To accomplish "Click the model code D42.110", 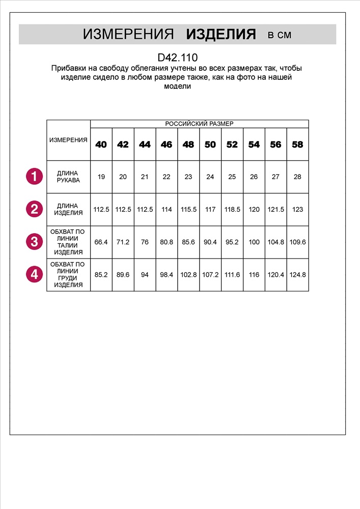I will (178, 58).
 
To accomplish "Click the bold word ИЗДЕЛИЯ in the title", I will (220, 35).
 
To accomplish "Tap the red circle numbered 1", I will (34, 177).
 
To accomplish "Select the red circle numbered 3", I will (34, 241).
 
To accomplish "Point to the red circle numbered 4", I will (34, 274).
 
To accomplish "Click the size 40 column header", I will (101, 145).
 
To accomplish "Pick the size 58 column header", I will (297, 145).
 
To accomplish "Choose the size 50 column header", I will (210, 145).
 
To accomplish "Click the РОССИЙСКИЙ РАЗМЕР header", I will (200, 124).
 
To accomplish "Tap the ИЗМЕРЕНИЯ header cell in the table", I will (68, 140).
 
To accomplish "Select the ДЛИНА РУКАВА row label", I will (68, 177).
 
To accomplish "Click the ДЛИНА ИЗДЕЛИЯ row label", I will (68, 209).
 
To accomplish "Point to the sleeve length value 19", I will (101, 177).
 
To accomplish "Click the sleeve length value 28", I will (297, 177).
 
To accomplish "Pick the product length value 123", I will (297, 209).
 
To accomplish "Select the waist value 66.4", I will (101, 242).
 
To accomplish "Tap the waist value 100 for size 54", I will (254, 242).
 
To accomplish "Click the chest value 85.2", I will (101, 274).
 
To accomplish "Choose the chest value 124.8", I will (297, 274).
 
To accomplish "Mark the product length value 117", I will (210, 209).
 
